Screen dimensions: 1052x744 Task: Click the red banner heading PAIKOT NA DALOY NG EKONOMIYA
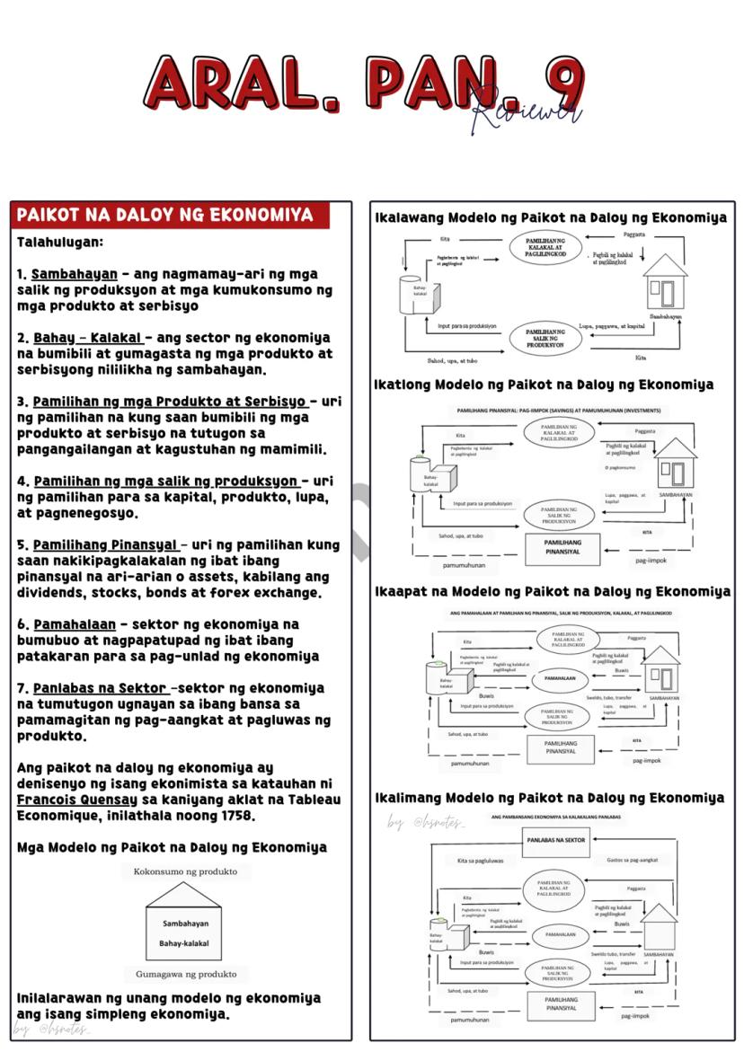[165, 216]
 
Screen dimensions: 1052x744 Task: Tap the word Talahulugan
[59, 243]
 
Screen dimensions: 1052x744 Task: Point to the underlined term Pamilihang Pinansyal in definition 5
[107, 545]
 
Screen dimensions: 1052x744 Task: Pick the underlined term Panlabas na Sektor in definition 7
[99, 688]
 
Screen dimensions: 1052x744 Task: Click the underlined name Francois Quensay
[76, 800]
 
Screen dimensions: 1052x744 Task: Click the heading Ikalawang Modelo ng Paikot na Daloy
[550, 217]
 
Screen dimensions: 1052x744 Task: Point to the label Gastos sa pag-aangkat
[633, 860]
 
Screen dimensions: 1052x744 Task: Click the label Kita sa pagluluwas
[480, 861]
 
